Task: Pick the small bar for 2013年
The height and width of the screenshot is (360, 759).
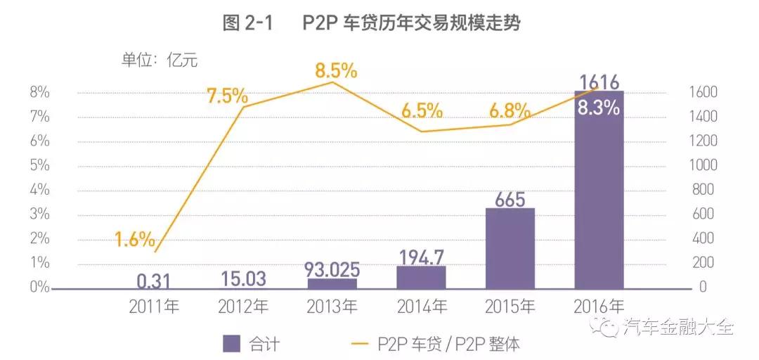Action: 332,283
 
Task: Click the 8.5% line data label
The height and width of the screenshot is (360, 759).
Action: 336,71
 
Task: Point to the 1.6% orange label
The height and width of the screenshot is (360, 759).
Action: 135,240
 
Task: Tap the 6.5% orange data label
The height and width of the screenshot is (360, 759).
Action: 422,110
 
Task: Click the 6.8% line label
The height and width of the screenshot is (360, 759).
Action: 510,110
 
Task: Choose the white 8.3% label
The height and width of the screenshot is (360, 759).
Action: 598,108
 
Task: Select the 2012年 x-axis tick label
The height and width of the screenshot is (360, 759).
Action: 243,307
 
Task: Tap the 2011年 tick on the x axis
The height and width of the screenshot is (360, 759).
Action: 155,307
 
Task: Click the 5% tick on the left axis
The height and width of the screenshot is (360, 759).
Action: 39,166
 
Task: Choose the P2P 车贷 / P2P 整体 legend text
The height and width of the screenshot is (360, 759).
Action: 449,344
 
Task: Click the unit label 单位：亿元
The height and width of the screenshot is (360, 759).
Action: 160,60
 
